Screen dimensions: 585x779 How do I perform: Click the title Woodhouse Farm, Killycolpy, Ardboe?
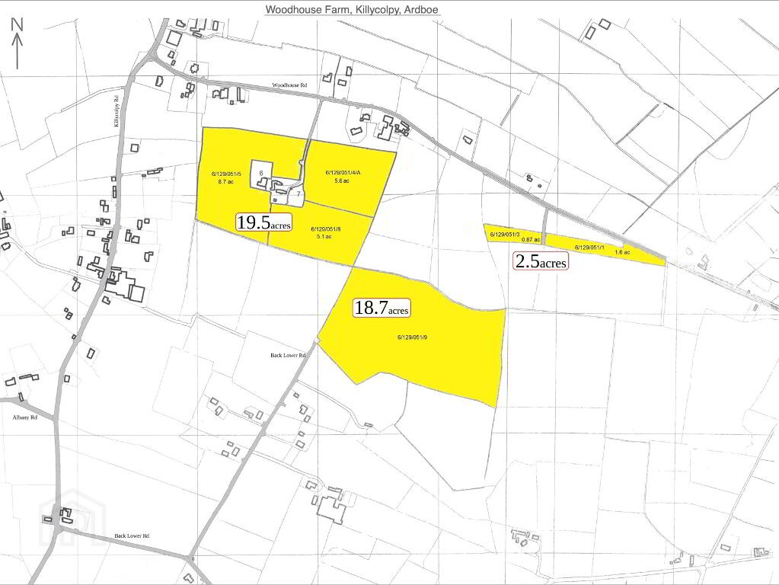tap(352, 10)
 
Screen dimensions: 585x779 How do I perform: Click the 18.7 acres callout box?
tap(382, 308)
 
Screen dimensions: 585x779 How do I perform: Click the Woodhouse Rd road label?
tap(289, 86)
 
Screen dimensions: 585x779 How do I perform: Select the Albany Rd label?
tap(24, 418)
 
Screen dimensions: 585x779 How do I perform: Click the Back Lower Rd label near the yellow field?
tap(288, 356)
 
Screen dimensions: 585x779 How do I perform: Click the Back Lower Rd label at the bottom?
tap(131, 536)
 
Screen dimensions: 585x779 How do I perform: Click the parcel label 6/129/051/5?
tap(226, 174)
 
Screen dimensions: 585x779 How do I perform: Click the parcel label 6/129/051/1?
tap(589, 248)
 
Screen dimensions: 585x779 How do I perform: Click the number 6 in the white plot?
tap(261, 174)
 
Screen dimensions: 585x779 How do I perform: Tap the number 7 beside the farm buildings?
tap(299, 195)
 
